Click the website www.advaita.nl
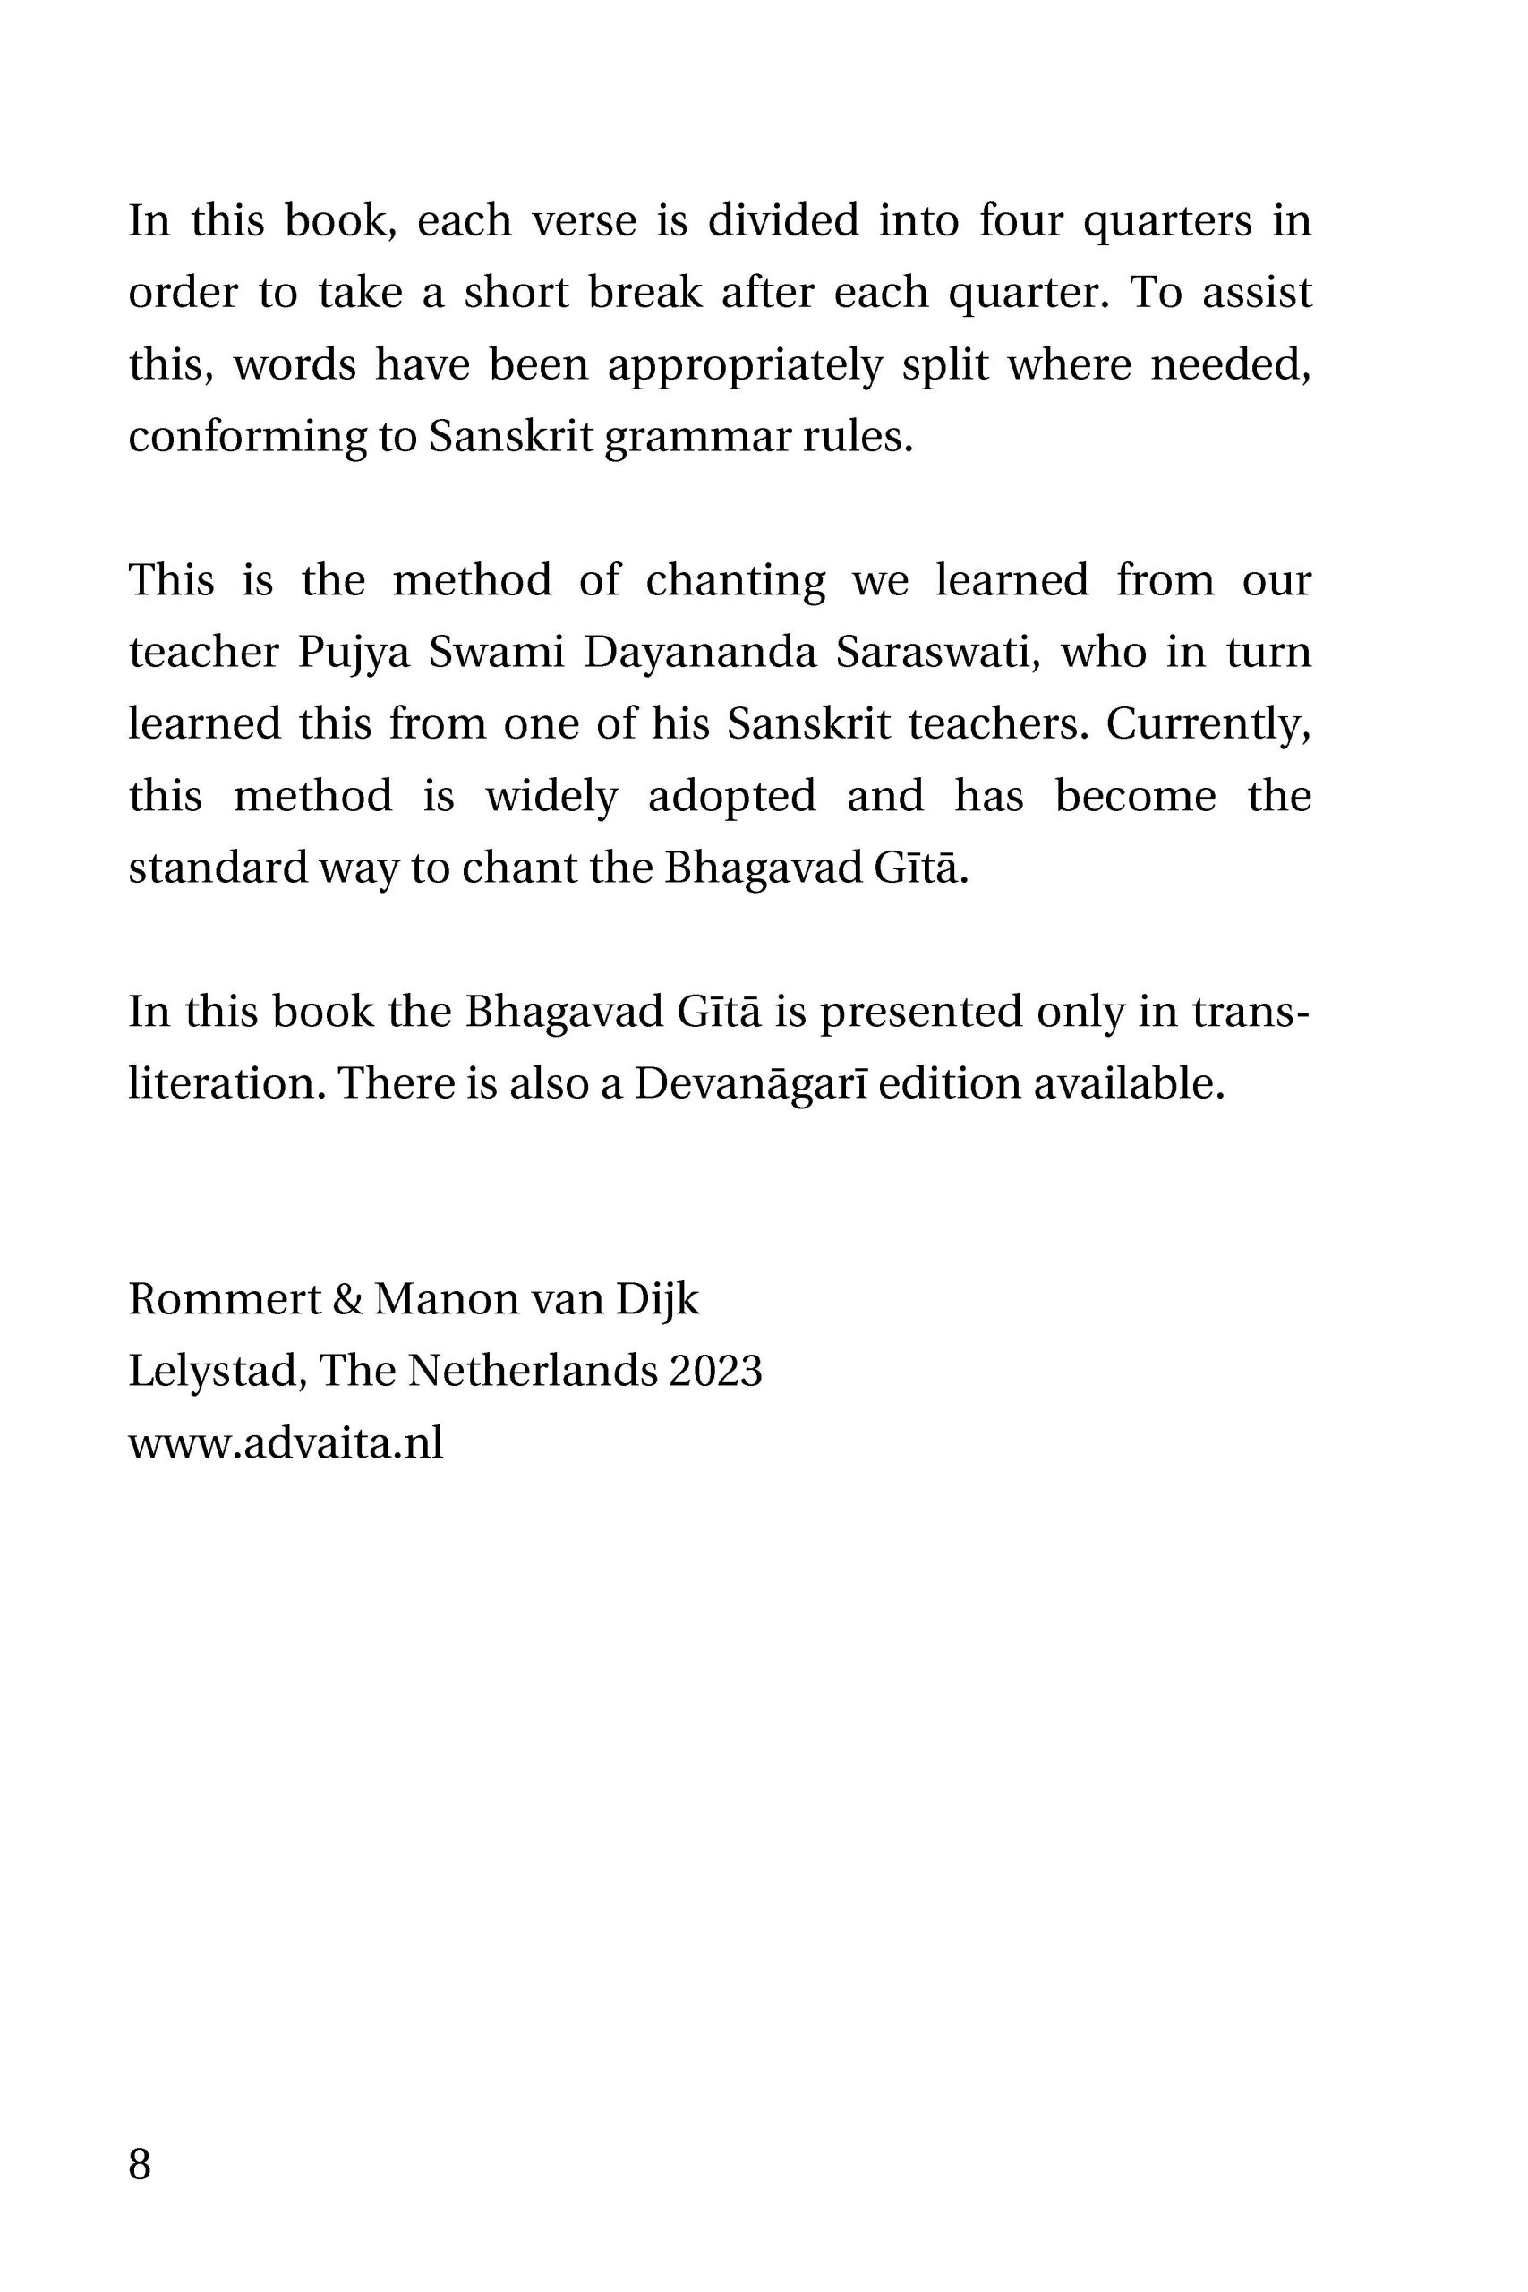[286, 1442]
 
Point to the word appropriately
[746, 365]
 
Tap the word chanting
[736, 581]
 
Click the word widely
[551, 796]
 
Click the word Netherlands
[533, 1370]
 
